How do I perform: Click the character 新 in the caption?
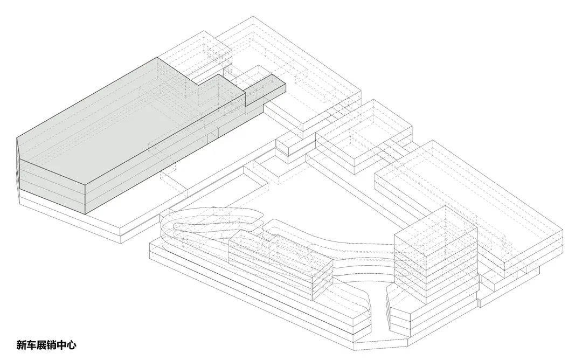pos(21,345)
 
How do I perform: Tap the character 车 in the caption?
pos(31,345)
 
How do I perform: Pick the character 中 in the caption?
pos(61,345)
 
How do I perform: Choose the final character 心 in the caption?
pos(72,345)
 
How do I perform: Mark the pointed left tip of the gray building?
pos(17,139)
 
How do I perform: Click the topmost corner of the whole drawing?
pos(253,16)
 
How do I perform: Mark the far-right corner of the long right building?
pos(563,230)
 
